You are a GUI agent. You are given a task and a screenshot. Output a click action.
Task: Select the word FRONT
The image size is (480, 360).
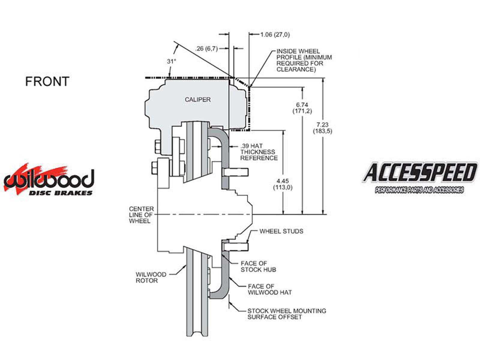click(x=47, y=81)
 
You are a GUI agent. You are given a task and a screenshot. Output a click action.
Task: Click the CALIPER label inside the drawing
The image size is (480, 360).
click(x=198, y=100)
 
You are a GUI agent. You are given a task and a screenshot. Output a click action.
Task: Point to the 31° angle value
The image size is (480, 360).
click(x=171, y=61)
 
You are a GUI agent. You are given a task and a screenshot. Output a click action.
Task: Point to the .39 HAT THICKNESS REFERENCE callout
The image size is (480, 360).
click(x=259, y=152)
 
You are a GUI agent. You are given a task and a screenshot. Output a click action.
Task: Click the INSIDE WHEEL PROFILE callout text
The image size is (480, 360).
click(x=304, y=60)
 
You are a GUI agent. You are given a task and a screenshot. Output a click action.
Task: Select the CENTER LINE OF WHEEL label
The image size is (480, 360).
click(x=141, y=215)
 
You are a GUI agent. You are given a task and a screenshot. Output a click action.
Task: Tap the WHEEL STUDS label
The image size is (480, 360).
click(x=281, y=231)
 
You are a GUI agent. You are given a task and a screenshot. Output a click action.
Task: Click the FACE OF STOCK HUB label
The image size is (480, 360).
click(x=258, y=266)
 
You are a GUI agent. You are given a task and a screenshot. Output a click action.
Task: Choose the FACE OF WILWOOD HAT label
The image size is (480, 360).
click(x=270, y=289)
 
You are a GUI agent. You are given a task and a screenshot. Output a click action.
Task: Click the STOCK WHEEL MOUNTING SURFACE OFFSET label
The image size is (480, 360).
click(x=286, y=314)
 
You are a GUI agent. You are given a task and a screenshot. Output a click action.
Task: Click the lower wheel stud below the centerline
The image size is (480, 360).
click(x=236, y=247)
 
